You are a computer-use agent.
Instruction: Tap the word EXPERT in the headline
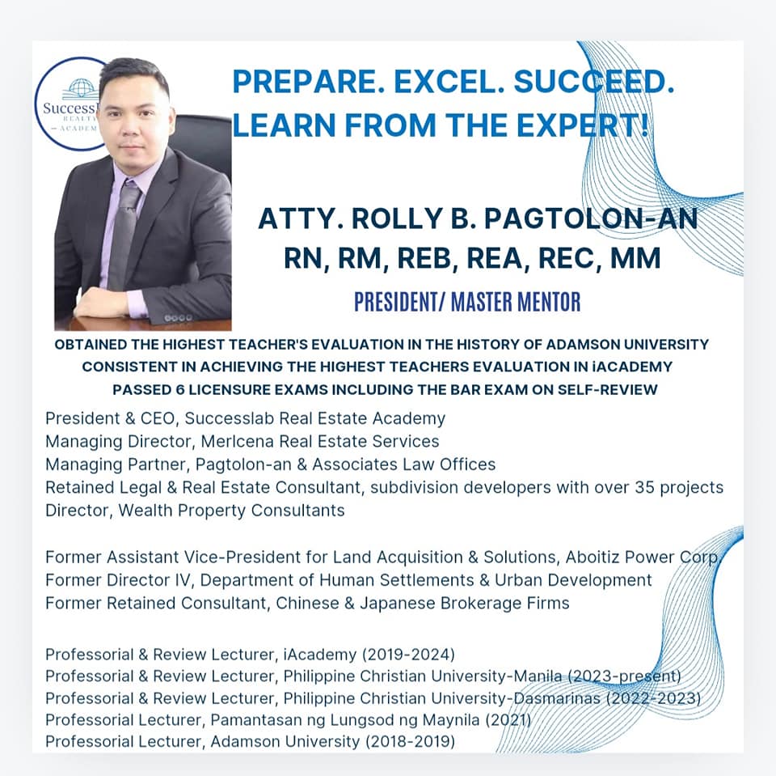(577, 125)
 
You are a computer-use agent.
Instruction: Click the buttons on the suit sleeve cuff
(177, 318)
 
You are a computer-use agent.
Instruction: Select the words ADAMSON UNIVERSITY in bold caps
(627, 344)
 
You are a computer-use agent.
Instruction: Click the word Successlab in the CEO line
(230, 418)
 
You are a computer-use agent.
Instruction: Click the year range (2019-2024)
(408, 655)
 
